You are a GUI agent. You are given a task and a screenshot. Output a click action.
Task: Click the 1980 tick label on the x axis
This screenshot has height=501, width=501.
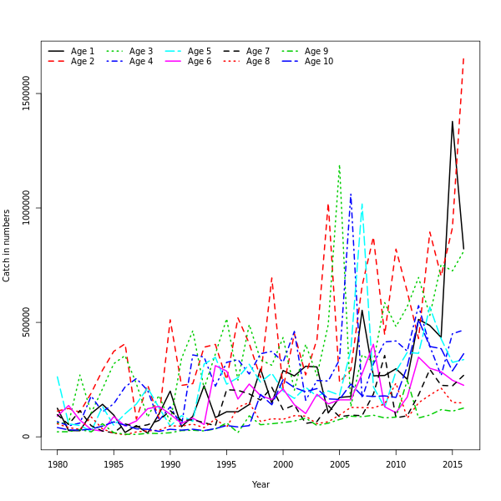pyautogui.click(x=58, y=463)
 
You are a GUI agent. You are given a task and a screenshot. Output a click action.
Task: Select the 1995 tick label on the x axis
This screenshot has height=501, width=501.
pyautogui.click(x=227, y=463)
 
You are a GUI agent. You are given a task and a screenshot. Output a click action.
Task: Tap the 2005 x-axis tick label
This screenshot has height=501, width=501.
pyautogui.click(x=340, y=463)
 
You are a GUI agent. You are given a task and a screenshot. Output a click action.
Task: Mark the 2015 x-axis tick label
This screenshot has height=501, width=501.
pyautogui.click(x=453, y=463)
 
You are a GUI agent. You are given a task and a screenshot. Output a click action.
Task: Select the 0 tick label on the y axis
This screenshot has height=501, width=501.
pyautogui.click(x=27, y=436)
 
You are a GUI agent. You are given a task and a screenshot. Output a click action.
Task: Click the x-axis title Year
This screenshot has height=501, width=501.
pyautogui.click(x=261, y=484)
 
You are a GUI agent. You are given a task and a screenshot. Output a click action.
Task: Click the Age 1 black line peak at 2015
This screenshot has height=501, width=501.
pyautogui.click(x=453, y=121)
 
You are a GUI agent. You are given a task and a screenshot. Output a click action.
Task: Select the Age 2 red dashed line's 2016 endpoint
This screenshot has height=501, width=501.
pyautogui.click(x=463, y=58)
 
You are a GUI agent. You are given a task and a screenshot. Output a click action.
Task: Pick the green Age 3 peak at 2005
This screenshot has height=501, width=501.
pyautogui.click(x=339, y=164)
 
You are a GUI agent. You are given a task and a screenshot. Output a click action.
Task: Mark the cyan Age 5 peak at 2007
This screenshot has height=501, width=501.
pyautogui.click(x=362, y=203)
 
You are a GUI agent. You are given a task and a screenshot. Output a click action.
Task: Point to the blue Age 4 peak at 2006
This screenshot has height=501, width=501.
pyautogui.click(x=351, y=194)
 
